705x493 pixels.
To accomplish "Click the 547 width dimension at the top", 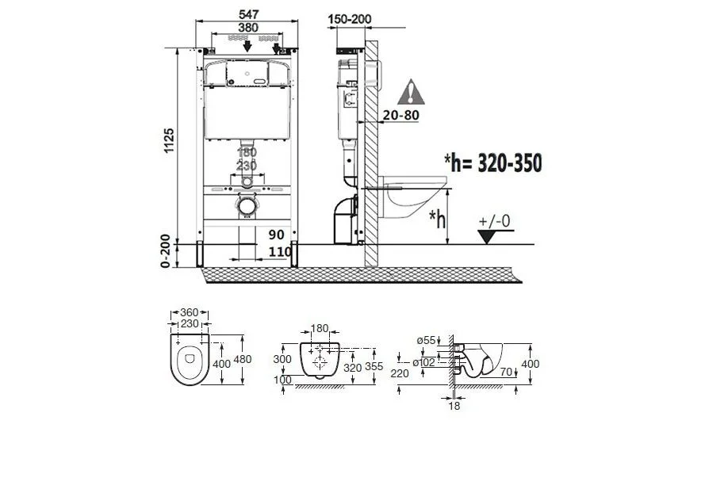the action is point(247,14).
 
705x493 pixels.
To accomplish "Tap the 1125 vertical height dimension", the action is point(169,140).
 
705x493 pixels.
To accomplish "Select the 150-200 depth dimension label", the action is point(350,19).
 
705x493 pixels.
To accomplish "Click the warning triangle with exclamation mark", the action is point(411,92).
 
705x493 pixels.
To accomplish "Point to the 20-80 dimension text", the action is point(400,115).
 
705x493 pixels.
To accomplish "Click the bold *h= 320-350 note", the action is point(492,162).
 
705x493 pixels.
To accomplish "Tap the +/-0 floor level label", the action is point(494,221).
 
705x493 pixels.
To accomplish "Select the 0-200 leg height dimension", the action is point(166,251).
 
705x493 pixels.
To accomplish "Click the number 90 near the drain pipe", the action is point(277,235).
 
